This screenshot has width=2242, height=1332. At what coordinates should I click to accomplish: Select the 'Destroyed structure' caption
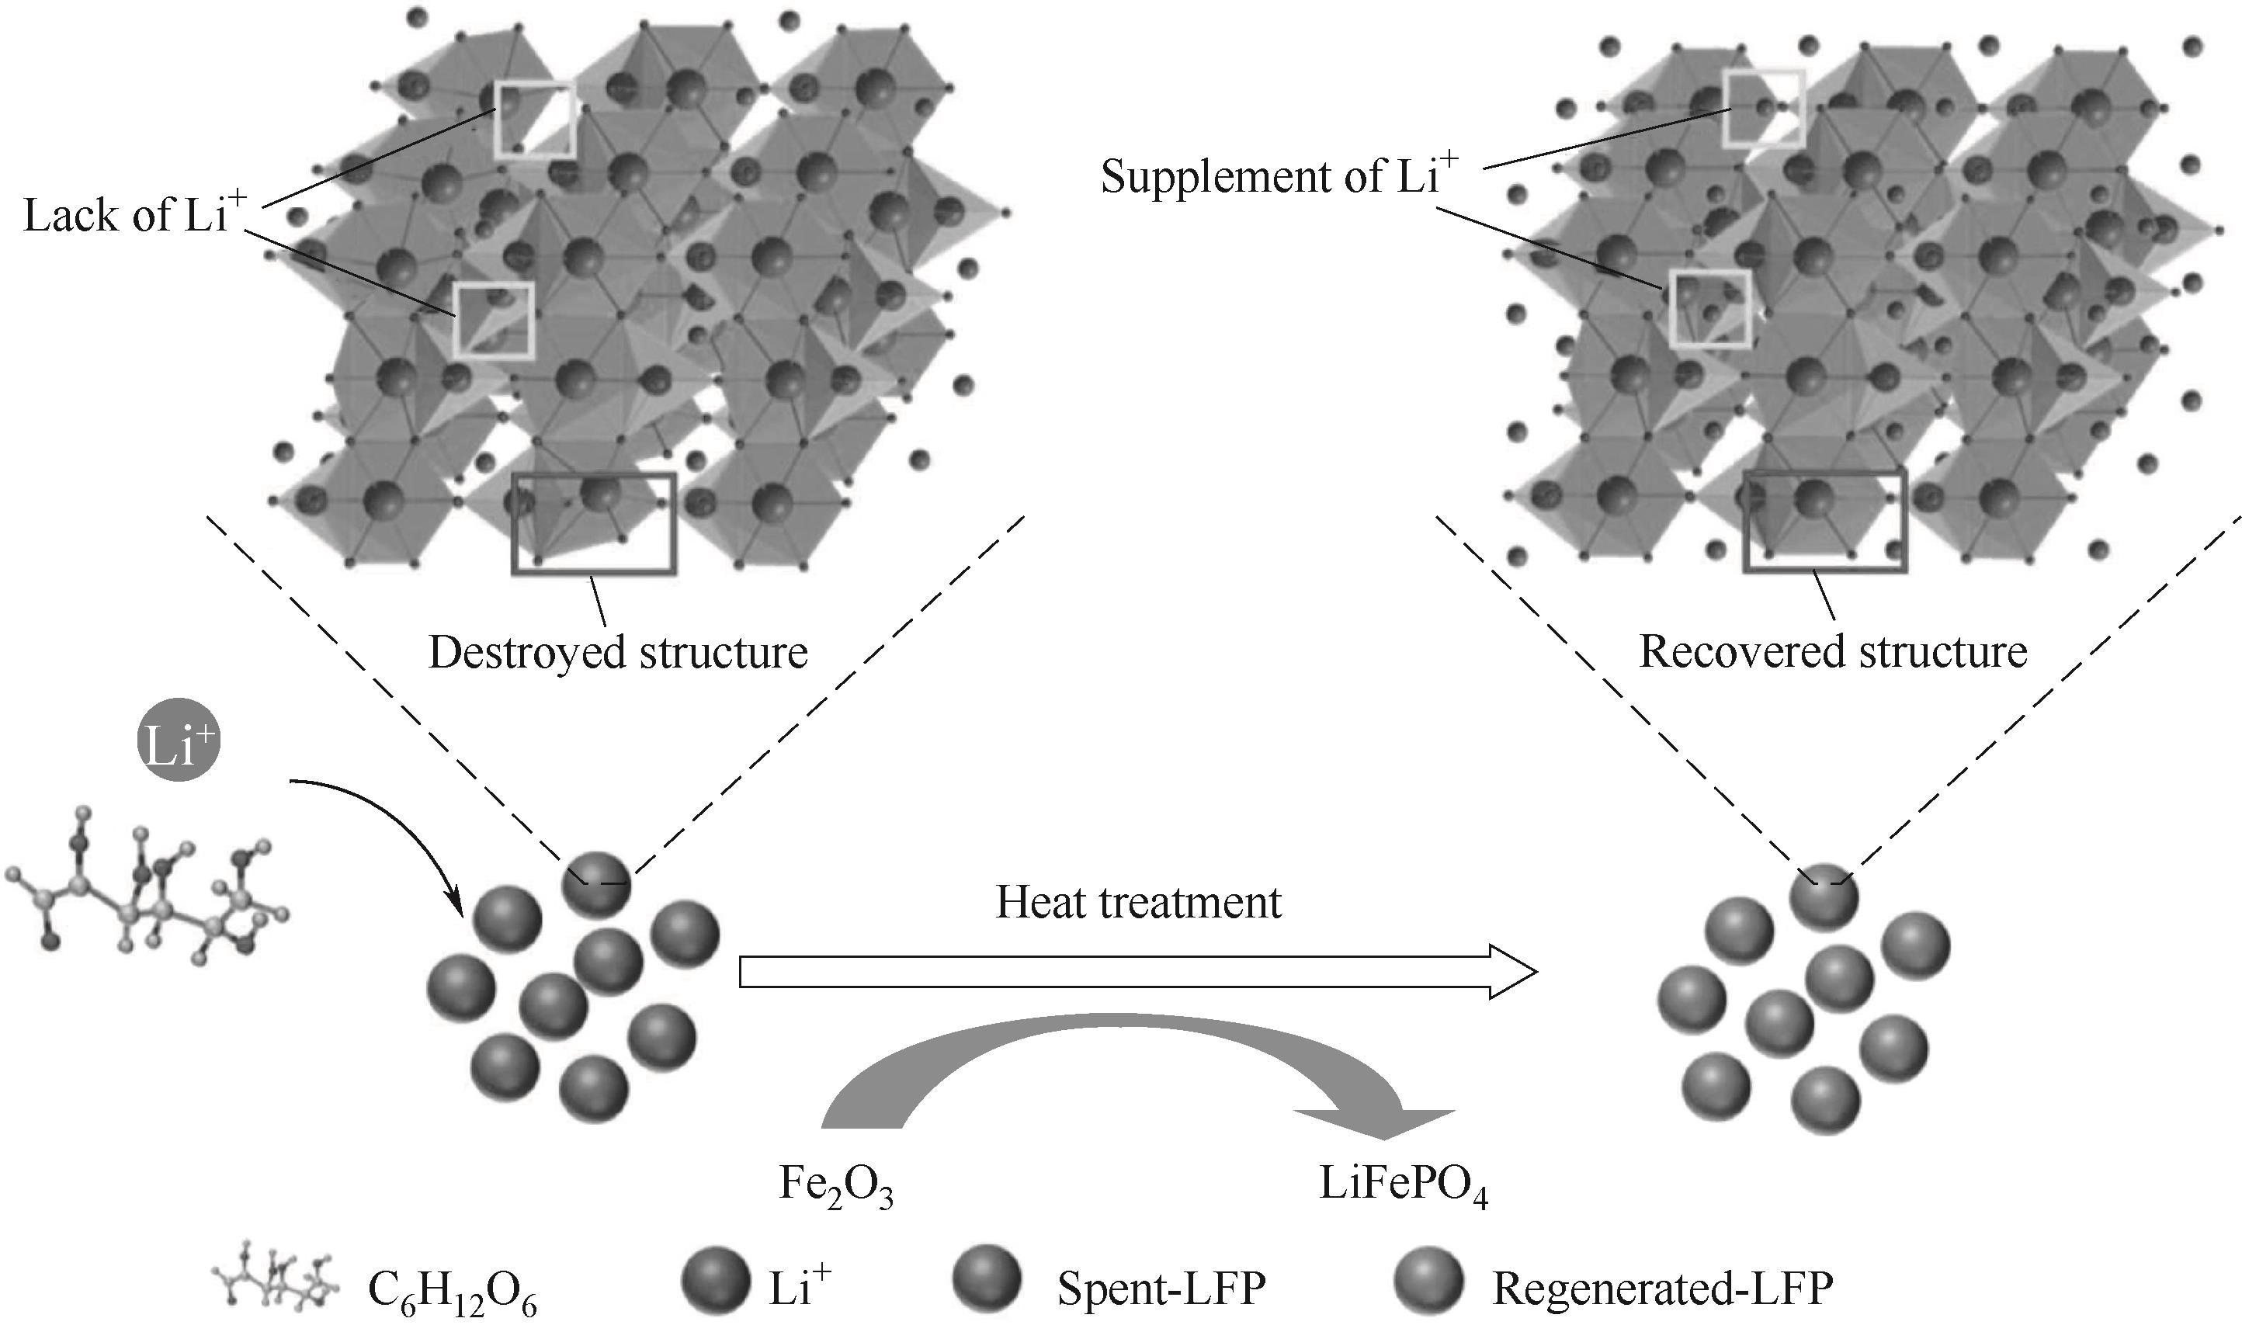[617, 653]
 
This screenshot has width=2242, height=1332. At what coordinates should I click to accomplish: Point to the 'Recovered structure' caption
[1833, 651]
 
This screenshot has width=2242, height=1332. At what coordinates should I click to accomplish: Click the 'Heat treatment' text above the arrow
[1138, 903]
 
